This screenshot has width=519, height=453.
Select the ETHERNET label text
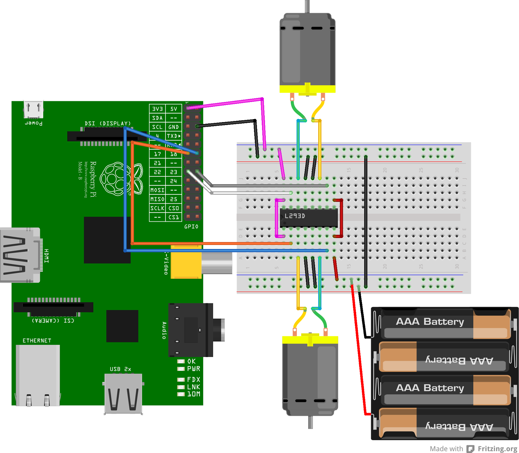click(37, 341)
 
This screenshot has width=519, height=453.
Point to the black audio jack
click(191, 330)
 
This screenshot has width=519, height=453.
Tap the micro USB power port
click(33, 109)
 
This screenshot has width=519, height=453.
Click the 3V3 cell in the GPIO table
click(157, 109)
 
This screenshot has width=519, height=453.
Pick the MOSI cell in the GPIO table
click(157, 190)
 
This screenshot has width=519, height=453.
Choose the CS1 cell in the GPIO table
click(174, 217)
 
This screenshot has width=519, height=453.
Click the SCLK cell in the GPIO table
click(157, 208)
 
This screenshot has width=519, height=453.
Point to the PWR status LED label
click(194, 369)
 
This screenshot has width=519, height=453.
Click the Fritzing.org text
click(497, 449)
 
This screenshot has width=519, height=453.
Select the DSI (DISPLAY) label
click(107, 124)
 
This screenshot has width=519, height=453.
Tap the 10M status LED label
click(194, 394)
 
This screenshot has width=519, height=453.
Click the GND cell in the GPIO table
click(174, 127)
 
